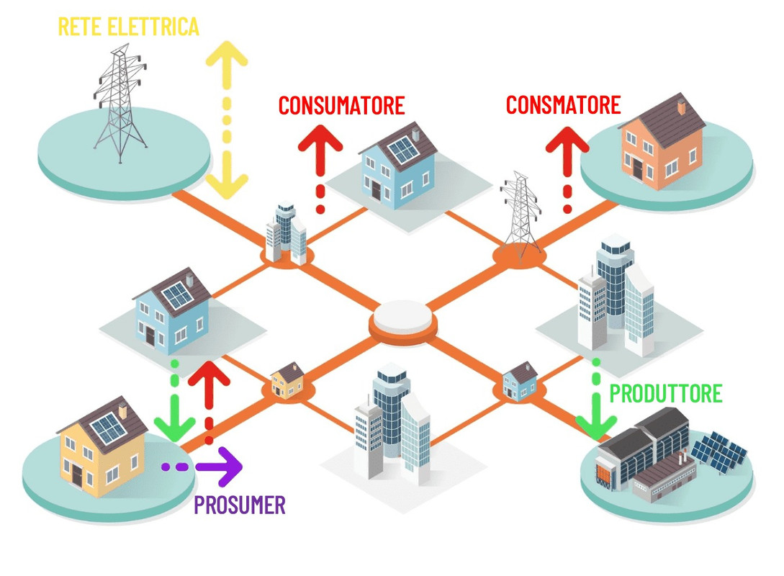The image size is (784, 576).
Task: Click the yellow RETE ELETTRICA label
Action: point(128,27)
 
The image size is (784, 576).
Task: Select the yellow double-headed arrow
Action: point(227,119)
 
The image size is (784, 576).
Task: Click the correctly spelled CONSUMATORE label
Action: point(341,106)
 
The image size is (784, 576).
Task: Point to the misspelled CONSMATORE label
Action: point(563,105)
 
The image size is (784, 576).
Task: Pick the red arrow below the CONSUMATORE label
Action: point(320,169)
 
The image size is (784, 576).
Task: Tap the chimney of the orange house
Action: point(681,107)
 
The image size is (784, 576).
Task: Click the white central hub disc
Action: point(403,317)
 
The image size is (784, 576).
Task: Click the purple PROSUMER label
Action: point(240,505)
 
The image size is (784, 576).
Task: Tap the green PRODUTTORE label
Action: point(666,394)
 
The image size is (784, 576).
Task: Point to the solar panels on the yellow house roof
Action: point(109,429)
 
